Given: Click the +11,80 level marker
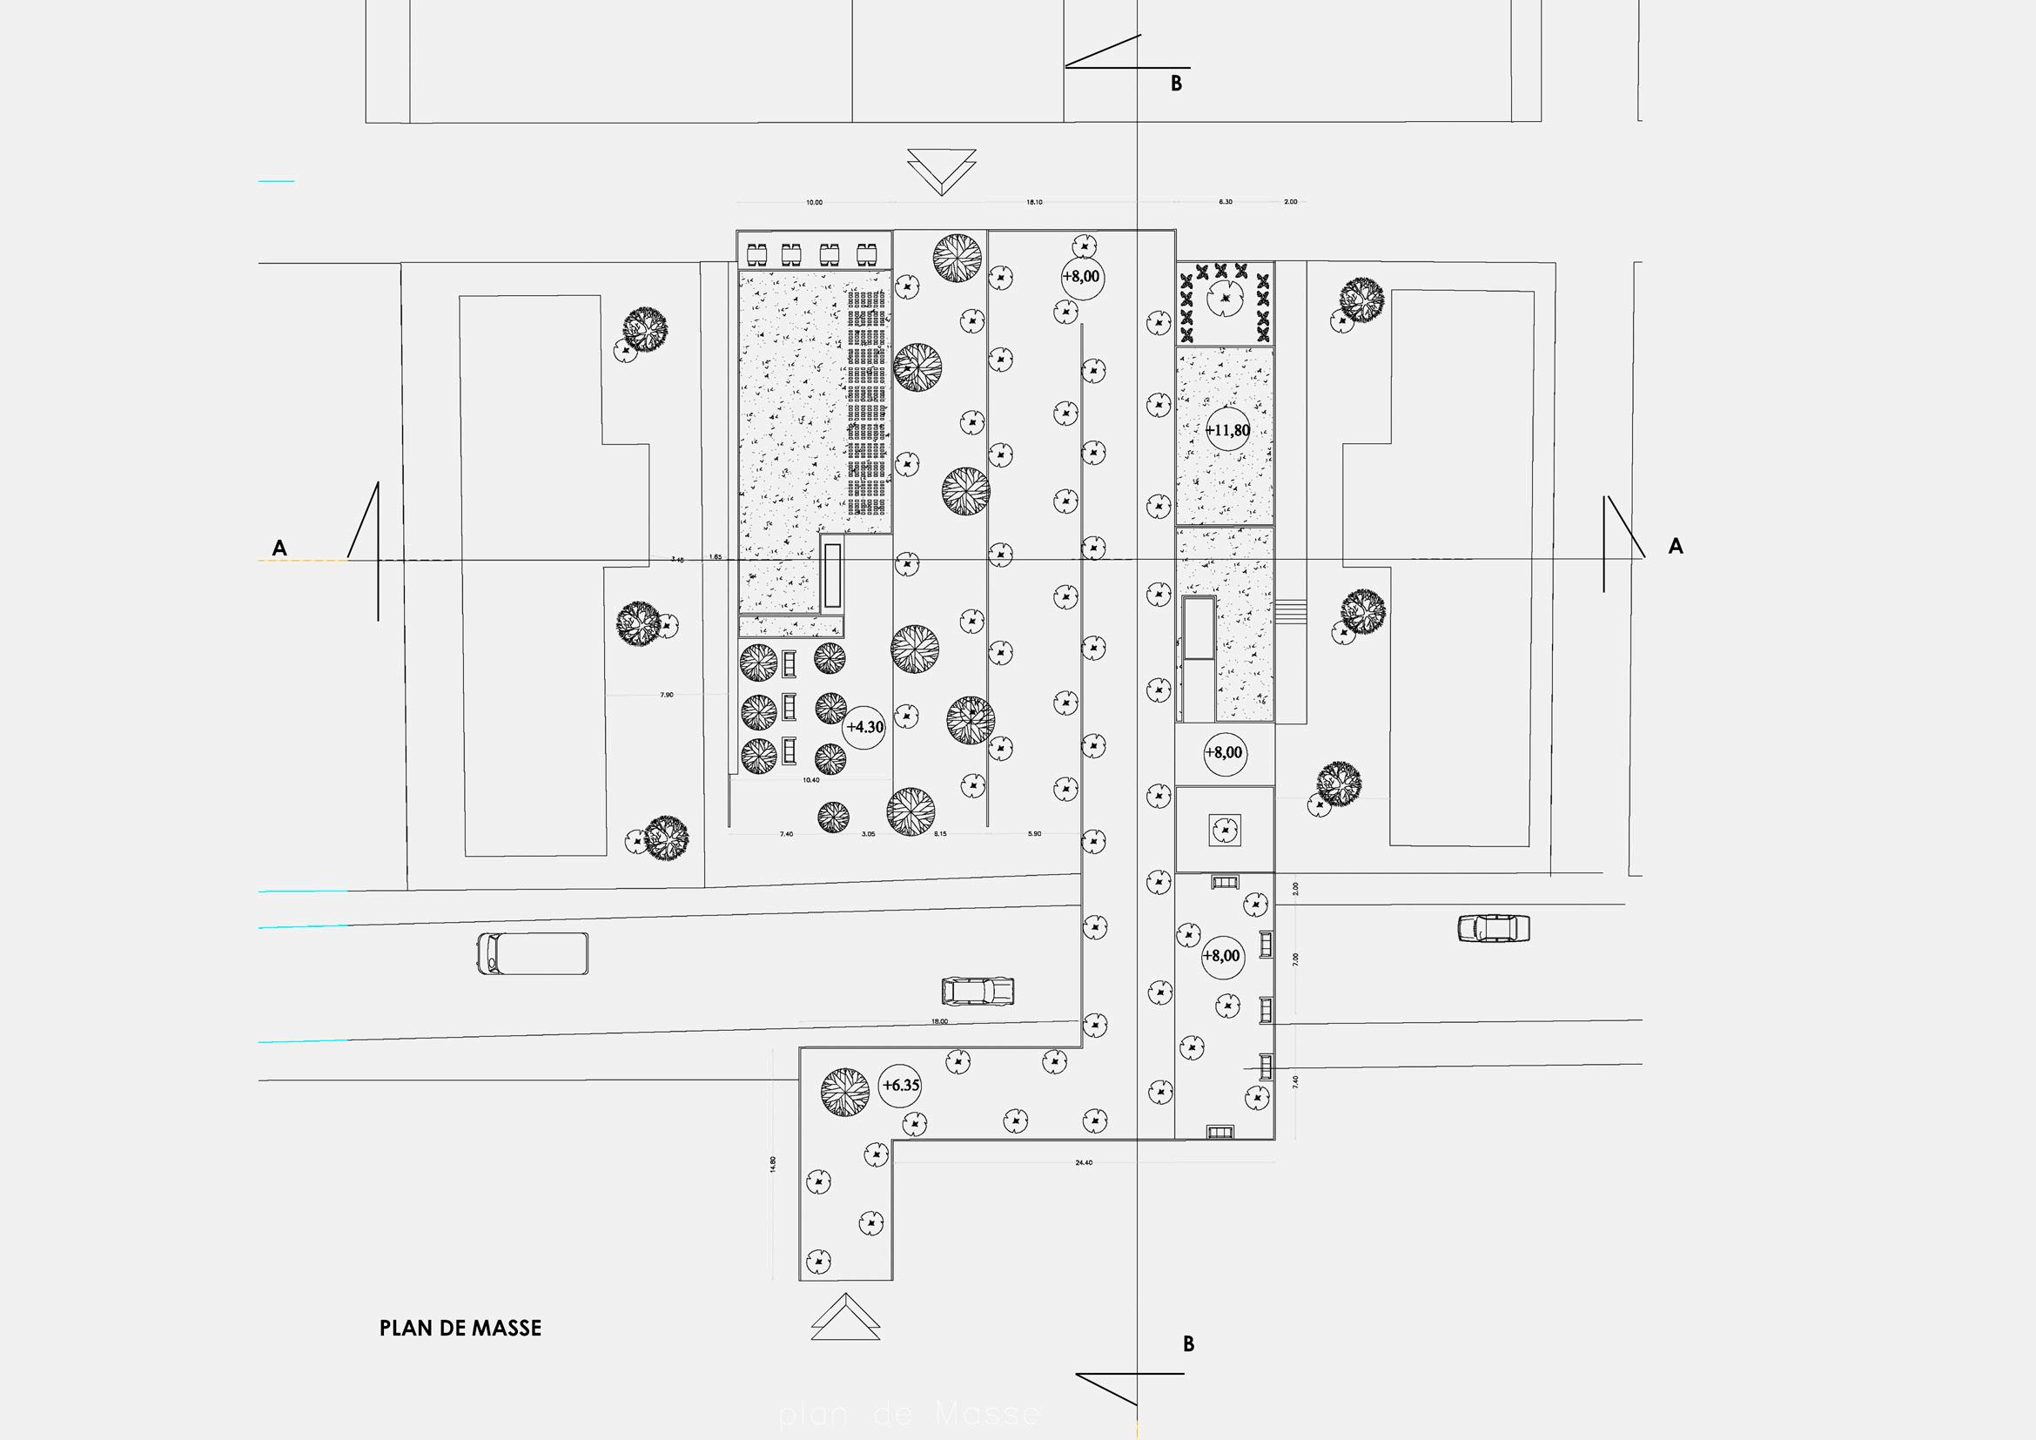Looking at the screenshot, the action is click(1227, 431).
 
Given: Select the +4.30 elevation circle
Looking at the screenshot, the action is click(864, 727).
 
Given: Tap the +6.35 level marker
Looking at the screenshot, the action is click(901, 1086).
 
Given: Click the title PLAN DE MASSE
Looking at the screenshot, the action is click(460, 1328).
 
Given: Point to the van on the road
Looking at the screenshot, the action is click(532, 953).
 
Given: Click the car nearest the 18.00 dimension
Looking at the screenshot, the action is click(978, 991).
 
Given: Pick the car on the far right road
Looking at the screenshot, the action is click(1494, 927).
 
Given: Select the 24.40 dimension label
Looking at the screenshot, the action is click(1084, 1162).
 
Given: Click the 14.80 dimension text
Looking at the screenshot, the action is click(772, 1165).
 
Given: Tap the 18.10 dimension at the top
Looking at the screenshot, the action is click(1034, 203).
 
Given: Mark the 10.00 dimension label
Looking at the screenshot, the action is click(814, 203).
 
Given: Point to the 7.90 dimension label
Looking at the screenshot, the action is click(667, 695).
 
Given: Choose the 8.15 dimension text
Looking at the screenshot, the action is click(940, 834).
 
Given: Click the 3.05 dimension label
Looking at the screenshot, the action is click(868, 834).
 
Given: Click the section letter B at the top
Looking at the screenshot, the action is click(1177, 84).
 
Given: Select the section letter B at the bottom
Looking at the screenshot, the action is click(1188, 1344).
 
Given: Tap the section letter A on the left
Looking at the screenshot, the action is click(279, 548).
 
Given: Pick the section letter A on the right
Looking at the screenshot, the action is click(1675, 546).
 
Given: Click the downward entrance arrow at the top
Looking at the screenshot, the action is click(942, 172).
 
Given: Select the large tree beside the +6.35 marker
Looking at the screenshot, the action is click(845, 1093).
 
